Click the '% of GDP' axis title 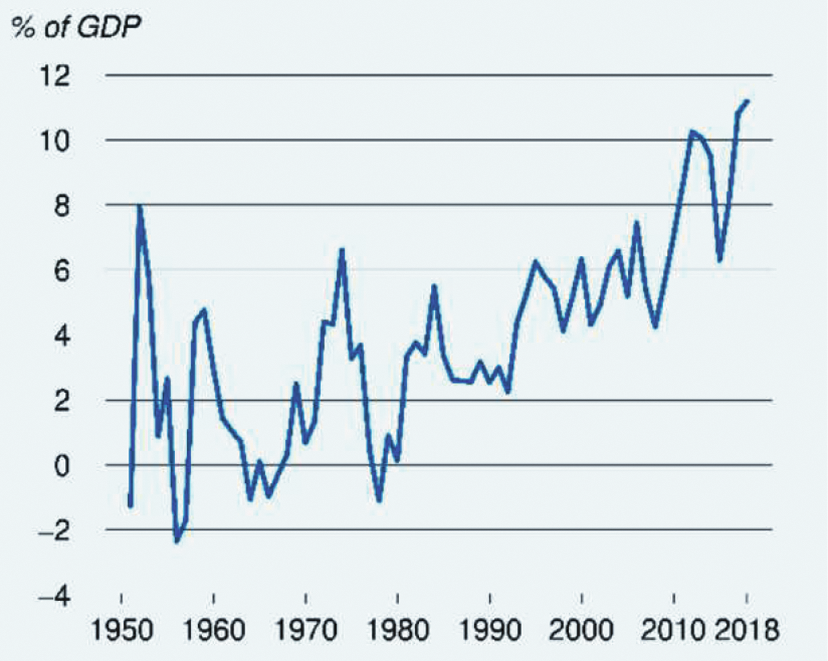[76, 27]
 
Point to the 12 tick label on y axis [54, 76]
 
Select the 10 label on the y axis [54, 141]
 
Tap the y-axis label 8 [61, 206]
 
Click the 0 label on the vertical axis [61, 466]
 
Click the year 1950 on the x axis [122, 630]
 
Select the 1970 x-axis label [306, 630]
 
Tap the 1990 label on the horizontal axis [490, 630]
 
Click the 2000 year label [581, 630]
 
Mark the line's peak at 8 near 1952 [140, 206]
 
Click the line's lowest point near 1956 [177, 541]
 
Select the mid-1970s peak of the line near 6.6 [342, 250]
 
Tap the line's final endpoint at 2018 [748, 101]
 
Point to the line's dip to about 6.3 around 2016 [720, 260]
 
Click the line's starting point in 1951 [130, 505]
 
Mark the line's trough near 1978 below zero [379, 500]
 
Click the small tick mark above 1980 [397, 598]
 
